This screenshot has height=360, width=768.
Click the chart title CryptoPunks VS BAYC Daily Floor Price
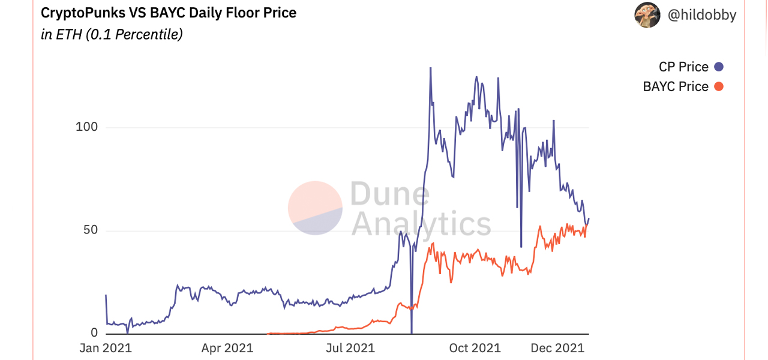[x=169, y=13]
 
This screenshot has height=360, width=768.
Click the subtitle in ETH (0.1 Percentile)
[x=112, y=34]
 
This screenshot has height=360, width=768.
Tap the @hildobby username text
[x=702, y=16]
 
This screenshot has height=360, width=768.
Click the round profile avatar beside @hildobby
[x=647, y=15]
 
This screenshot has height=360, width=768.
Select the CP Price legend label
[x=683, y=67]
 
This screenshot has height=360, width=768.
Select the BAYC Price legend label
[x=676, y=86]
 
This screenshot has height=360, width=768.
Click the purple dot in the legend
[x=719, y=67]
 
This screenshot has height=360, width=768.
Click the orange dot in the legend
[x=719, y=86]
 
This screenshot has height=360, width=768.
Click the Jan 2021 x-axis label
[x=106, y=348]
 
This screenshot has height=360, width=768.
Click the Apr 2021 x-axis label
[x=227, y=348]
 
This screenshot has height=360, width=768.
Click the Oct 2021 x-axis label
[x=475, y=348]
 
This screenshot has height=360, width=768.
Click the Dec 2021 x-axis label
[x=558, y=348]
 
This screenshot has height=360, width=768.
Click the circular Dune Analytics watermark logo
[x=315, y=208]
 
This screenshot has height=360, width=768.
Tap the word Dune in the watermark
[x=390, y=194]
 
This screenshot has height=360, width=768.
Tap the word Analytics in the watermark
[x=421, y=224]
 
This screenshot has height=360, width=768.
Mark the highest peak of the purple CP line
[x=430, y=68]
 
